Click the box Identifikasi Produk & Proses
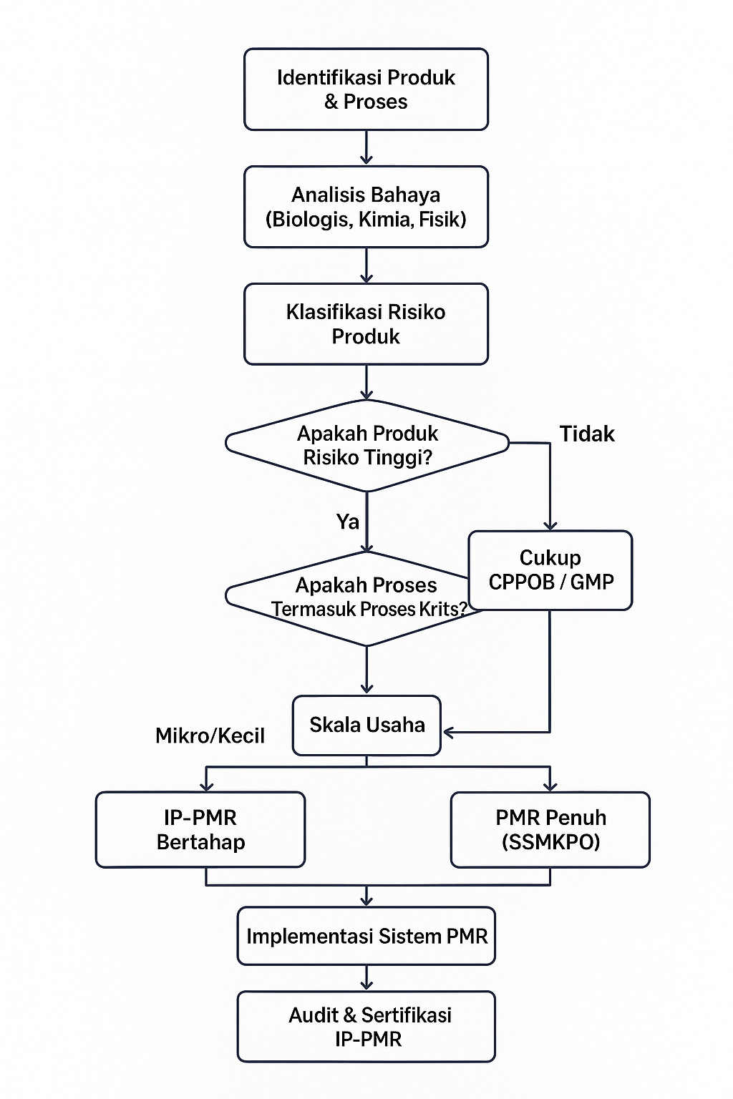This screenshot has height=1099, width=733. pos(366,89)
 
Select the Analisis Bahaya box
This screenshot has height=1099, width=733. pos(366,207)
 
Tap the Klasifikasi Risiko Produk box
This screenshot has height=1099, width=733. pos(366,324)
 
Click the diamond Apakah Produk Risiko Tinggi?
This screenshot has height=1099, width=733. pos(366,445)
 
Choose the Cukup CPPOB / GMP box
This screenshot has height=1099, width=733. pos(550,570)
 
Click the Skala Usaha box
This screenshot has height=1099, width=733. pos(366,726)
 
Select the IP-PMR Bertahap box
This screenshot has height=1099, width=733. pos(200,830)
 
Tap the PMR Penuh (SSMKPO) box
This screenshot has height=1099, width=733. pos(550,830)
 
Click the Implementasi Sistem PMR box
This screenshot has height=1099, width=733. pos(366,937)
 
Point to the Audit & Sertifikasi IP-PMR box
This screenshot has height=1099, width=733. pos(366,1027)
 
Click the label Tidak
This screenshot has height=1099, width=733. pos(587,434)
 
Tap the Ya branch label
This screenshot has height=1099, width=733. pos(348,522)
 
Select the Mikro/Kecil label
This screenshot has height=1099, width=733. pos(210,736)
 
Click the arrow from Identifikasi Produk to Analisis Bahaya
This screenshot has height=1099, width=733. pos(366,148)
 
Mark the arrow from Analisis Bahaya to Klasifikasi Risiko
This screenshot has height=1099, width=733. pos(366,265)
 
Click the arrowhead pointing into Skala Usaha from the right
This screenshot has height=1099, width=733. pos(449,733)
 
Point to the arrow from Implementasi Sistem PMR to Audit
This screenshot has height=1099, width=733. pos(366,978)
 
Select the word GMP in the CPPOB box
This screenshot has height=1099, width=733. pos(592,582)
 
